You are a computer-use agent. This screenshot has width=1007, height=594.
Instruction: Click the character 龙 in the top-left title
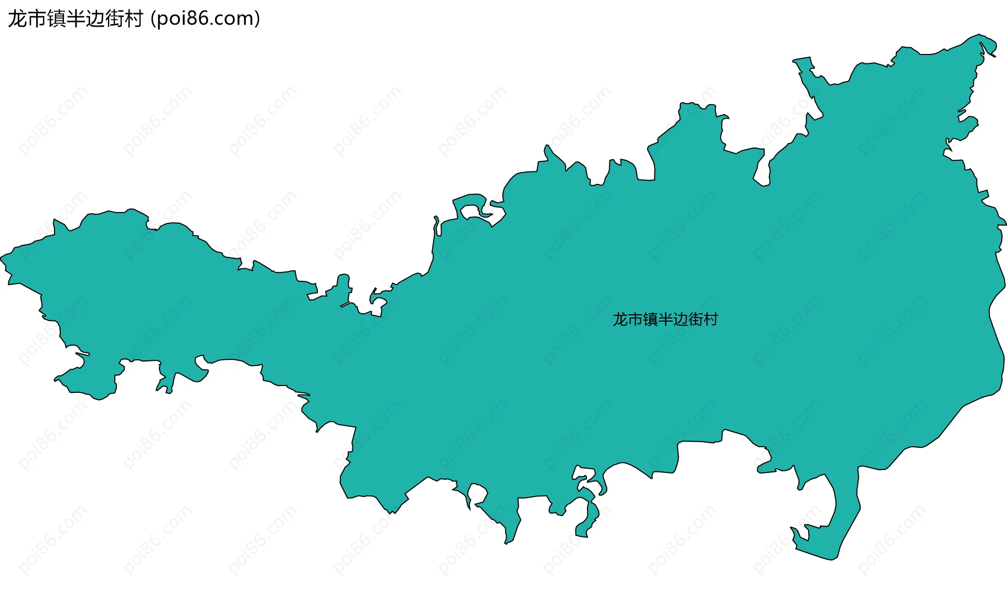point(18,19)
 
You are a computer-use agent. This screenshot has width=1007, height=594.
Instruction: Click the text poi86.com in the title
point(205,19)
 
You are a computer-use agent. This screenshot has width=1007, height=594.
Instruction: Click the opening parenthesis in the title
point(153,19)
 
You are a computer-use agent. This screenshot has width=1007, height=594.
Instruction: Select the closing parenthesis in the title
point(257,19)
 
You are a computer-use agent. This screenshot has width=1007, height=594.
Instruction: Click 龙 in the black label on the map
point(620,320)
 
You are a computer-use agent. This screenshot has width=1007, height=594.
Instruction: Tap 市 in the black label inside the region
point(635,320)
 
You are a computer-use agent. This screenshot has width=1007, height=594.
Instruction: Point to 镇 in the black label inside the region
point(650,320)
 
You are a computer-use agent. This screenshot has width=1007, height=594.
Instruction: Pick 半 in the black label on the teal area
point(665,320)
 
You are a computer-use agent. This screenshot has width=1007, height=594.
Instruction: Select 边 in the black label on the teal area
point(680,320)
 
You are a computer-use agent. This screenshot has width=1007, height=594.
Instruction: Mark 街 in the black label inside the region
point(695,320)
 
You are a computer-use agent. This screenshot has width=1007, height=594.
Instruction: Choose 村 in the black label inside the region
point(711,320)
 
